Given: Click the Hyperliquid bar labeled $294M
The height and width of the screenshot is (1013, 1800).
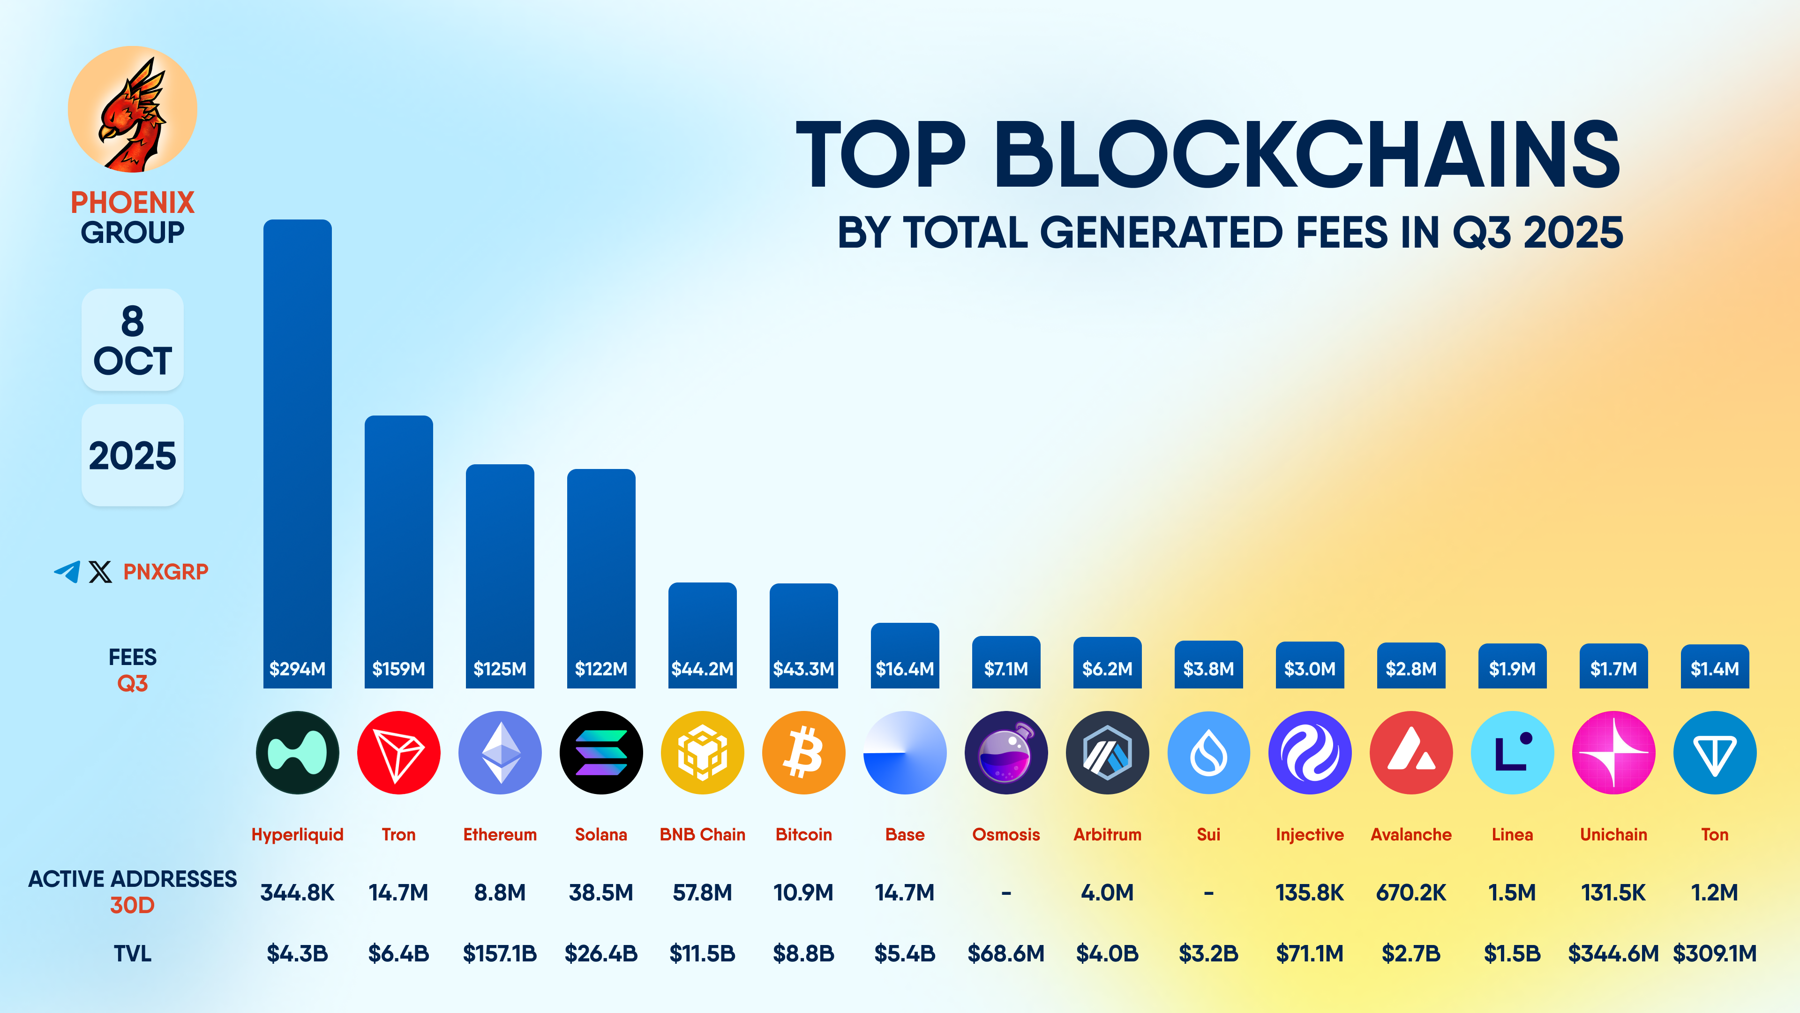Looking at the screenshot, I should point(297,454).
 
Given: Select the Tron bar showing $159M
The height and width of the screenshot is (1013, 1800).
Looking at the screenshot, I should point(398,552).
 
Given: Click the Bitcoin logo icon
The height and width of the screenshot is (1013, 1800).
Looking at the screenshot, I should point(803,753).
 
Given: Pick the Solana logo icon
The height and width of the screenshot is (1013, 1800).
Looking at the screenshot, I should point(601,753).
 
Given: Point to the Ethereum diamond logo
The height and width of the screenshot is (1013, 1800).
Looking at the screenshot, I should point(500,753).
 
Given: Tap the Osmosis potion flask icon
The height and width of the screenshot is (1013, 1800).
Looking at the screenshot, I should point(1006,753).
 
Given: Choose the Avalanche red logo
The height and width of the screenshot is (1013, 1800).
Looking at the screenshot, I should point(1411,753).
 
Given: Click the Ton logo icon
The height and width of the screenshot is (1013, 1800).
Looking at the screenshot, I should point(1715,753).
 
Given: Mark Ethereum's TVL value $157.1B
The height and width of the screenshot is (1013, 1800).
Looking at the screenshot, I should point(500,953).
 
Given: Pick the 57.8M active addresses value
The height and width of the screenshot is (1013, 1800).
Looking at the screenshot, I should point(702,893).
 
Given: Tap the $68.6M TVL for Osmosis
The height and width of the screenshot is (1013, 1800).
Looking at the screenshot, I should point(1006,953).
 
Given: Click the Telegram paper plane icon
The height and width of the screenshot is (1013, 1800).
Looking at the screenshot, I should point(67,572).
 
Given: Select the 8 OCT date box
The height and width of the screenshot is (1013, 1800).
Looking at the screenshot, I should point(132,340).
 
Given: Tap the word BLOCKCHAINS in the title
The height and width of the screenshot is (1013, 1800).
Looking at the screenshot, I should point(1307,155).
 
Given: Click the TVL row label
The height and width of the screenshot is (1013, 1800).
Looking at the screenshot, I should point(132,953).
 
